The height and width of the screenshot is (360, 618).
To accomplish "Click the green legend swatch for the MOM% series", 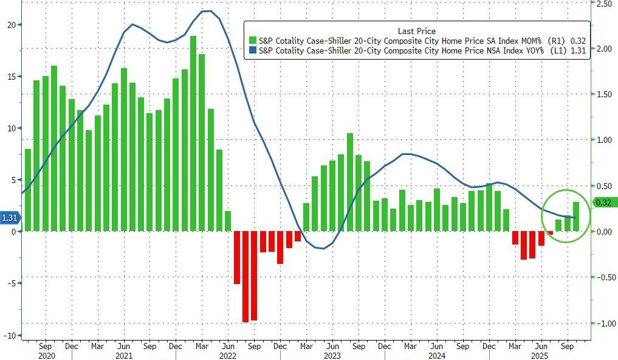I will tap(253, 41).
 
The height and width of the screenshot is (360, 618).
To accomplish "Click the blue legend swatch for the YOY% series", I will tap(253, 51).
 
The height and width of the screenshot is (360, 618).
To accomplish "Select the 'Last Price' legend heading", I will tap(416, 31).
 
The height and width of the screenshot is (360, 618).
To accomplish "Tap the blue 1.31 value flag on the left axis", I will tap(10, 218).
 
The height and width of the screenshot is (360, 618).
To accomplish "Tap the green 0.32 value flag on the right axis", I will tap(604, 202).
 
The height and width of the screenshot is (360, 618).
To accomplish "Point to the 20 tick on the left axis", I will tap(11, 25).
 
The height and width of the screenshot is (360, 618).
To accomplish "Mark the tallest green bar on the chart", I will tap(193, 134).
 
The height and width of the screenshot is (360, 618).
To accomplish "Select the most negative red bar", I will tap(245, 277).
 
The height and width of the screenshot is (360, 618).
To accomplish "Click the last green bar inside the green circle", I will tap(576, 216).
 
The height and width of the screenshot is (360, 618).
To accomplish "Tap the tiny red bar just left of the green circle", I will tap(551, 233).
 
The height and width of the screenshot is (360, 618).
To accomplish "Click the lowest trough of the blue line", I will tap(321, 249).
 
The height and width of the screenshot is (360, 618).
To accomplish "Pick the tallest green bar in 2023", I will tap(350, 182).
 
